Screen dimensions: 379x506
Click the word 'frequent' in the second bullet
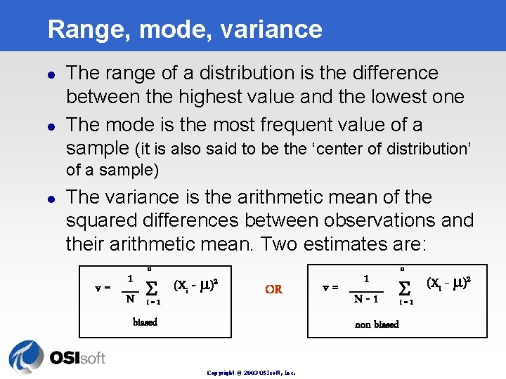point(290,125)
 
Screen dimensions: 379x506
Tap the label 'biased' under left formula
point(145,322)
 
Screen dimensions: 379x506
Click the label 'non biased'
point(377,324)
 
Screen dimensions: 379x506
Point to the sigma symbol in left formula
point(151,288)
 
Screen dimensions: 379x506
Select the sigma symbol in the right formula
point(404,288)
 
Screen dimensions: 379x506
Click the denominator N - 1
point(367,300)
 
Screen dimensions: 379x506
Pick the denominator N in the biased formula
point(130,298)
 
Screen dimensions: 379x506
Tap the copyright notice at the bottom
point(251,373)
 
